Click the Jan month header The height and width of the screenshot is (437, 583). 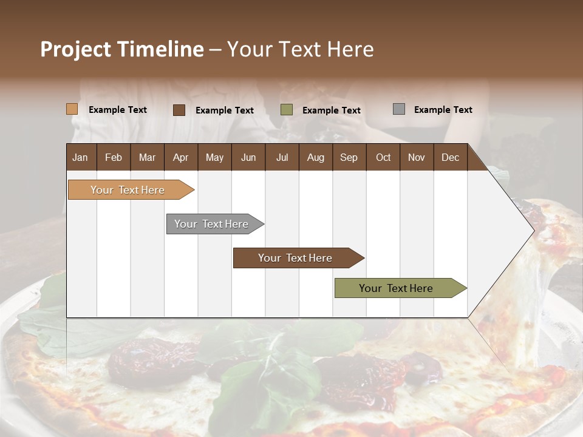click(80, 157)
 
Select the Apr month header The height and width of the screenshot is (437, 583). click(180, 157)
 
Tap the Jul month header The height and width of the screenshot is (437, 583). click(282, 157)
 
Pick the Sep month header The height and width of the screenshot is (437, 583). click(349, 157)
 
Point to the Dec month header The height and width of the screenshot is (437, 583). click(450, 157)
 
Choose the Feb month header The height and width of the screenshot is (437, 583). click(114, 157)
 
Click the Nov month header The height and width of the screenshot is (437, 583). click(416, 157)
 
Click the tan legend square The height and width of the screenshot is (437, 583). click(72, 109)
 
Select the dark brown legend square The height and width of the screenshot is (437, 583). click(179, 110)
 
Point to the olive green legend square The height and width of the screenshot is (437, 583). click(287, 110)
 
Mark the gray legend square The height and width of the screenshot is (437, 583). click(399, 109)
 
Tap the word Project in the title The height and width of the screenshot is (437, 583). click(75, 49)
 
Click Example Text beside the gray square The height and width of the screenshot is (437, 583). click(443, 109)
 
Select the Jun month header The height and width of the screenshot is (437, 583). click(248, 157)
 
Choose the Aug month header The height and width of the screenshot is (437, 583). click(315, 157)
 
